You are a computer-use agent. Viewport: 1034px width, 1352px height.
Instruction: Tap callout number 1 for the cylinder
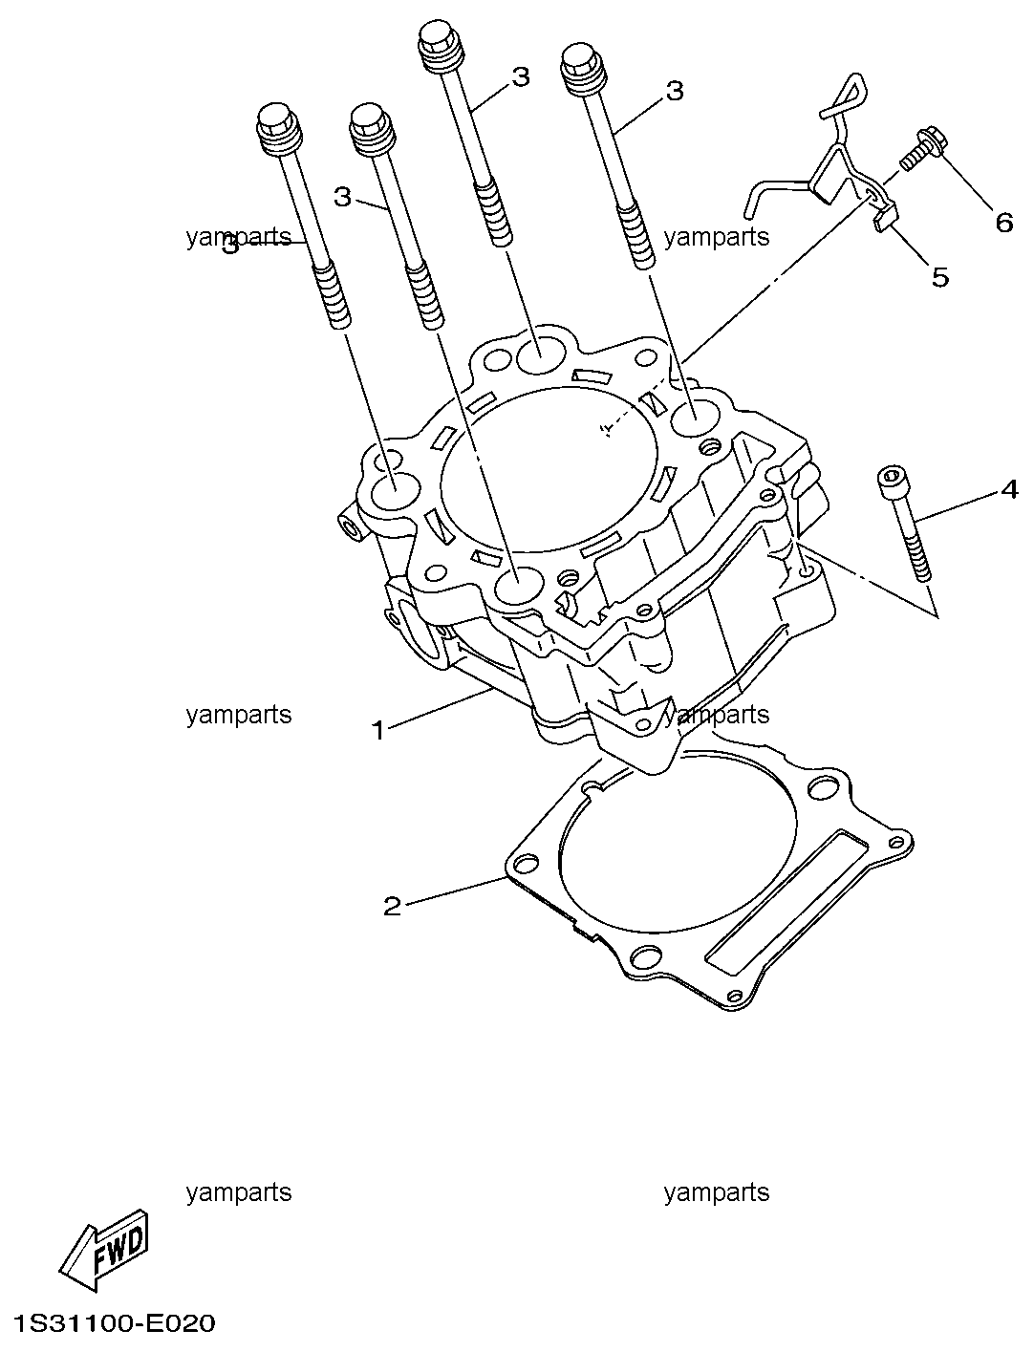coord(378,731)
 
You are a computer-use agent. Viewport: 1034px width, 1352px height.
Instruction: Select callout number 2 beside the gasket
coord(393,906)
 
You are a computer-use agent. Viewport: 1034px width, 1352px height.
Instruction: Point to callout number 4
coord(1009,489)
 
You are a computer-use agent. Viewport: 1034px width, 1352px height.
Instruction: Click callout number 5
coord(939,277)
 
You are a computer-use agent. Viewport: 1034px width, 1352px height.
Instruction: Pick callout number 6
coord(1004,222)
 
